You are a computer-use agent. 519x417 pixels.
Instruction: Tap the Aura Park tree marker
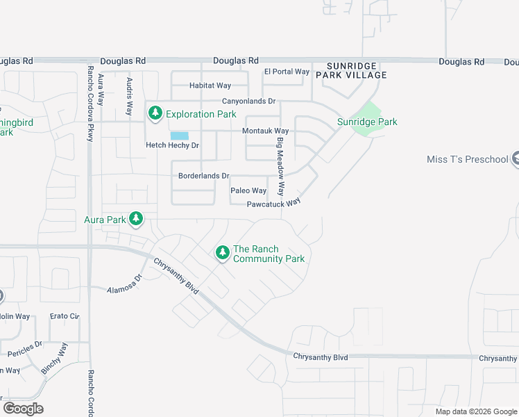tap(136, 220)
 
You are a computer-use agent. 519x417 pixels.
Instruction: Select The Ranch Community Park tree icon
tap(223, 253)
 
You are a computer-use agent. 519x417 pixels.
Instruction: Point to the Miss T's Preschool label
tap(468, 159)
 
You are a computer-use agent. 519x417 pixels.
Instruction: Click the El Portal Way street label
tap(287, 72)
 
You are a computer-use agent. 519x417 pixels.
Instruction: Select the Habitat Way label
tap(210, 85)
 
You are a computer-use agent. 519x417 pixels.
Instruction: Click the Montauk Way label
tap(265, 131)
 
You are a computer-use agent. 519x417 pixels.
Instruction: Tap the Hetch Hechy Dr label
tap(172, 145)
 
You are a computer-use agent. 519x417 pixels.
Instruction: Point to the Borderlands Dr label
tap(203, 177)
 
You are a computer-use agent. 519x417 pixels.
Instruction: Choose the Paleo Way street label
tap(248, 190)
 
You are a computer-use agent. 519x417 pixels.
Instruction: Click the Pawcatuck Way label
tap(273, 204)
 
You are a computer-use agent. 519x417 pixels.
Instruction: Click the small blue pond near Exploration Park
tap(179, 136)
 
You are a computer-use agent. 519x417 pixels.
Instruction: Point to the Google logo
tap(23, 408)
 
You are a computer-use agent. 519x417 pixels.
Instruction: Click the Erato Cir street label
tap(65, 316)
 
